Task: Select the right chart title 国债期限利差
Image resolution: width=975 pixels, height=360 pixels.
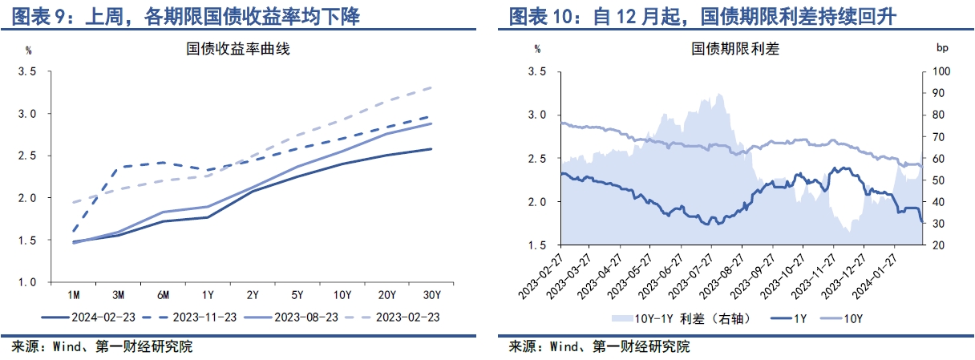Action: (x=735, y=49)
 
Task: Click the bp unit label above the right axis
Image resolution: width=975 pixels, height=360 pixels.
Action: (x=942, y=49)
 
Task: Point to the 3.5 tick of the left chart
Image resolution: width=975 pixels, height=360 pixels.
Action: (x=28, y=71)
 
